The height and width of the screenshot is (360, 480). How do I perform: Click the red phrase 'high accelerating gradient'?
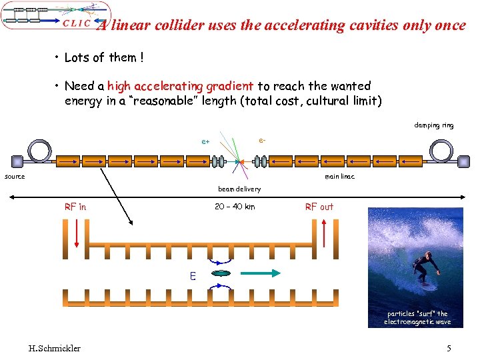(x=180, y=86)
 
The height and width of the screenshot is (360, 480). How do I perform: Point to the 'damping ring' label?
(x=433, y=125)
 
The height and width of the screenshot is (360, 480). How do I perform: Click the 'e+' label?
(x=206, y=142)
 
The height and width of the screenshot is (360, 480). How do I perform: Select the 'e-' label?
(x=263, y=140)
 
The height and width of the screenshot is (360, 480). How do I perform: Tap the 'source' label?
(x=15, y=177)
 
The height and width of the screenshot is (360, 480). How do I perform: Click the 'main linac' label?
(x=339, y=177)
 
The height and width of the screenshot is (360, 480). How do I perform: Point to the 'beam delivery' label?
(x=239, y=189)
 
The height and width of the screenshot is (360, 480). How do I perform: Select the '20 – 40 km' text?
(x=235, y=207)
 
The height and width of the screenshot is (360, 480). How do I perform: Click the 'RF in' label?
(x=75, y=207)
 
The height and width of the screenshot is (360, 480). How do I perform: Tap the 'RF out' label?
(x=319, y=207)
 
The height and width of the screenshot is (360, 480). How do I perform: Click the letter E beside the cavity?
(x=193, y=275)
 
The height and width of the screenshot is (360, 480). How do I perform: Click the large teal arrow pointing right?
(x=261, y=273)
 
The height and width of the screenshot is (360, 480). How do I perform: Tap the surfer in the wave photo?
(x=424, y=268)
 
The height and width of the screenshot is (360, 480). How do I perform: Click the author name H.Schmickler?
(x=55, y=348)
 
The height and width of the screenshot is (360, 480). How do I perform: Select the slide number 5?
(x=449, y=348)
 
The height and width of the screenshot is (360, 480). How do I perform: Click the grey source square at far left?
(x=17, y=161)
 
